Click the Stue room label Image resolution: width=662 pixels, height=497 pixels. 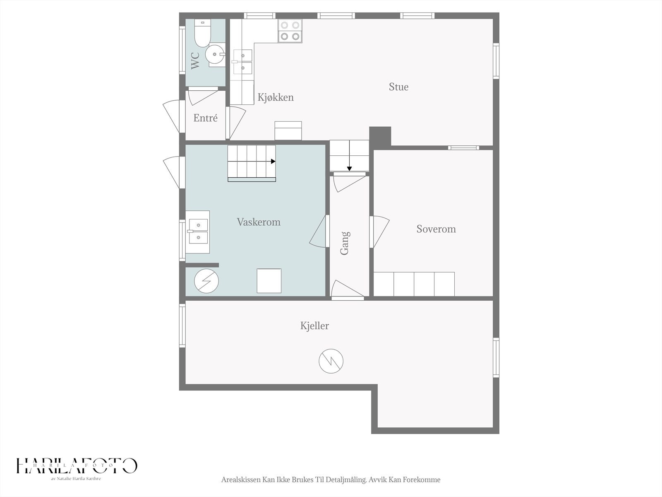tap(398, 87)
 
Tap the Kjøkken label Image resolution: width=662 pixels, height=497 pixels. tap(276, 97)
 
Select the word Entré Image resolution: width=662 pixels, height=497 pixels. tap(205, 118)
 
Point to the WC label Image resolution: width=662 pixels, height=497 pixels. tap(195, 60)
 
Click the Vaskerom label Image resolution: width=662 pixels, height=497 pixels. tap(259, 222)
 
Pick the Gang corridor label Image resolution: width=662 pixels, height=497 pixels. tap(345, 243)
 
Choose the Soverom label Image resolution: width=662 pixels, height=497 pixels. tap(436, 229)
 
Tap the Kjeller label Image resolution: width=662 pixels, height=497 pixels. tap(314, 326)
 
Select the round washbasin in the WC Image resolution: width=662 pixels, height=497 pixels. tap(215, 55)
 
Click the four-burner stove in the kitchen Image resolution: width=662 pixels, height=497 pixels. tap(290, 31)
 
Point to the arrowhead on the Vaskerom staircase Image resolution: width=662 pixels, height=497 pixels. tap(273, 162)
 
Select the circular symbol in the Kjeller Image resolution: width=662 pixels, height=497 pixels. tap(331, 361)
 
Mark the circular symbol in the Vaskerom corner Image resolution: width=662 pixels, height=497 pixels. tap(206, 281)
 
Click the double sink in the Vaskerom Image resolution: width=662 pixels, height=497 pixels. tap(197, 232)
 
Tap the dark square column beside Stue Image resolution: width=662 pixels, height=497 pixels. tap(380, 136)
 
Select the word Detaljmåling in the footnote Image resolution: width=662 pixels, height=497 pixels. tap(346, 480)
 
